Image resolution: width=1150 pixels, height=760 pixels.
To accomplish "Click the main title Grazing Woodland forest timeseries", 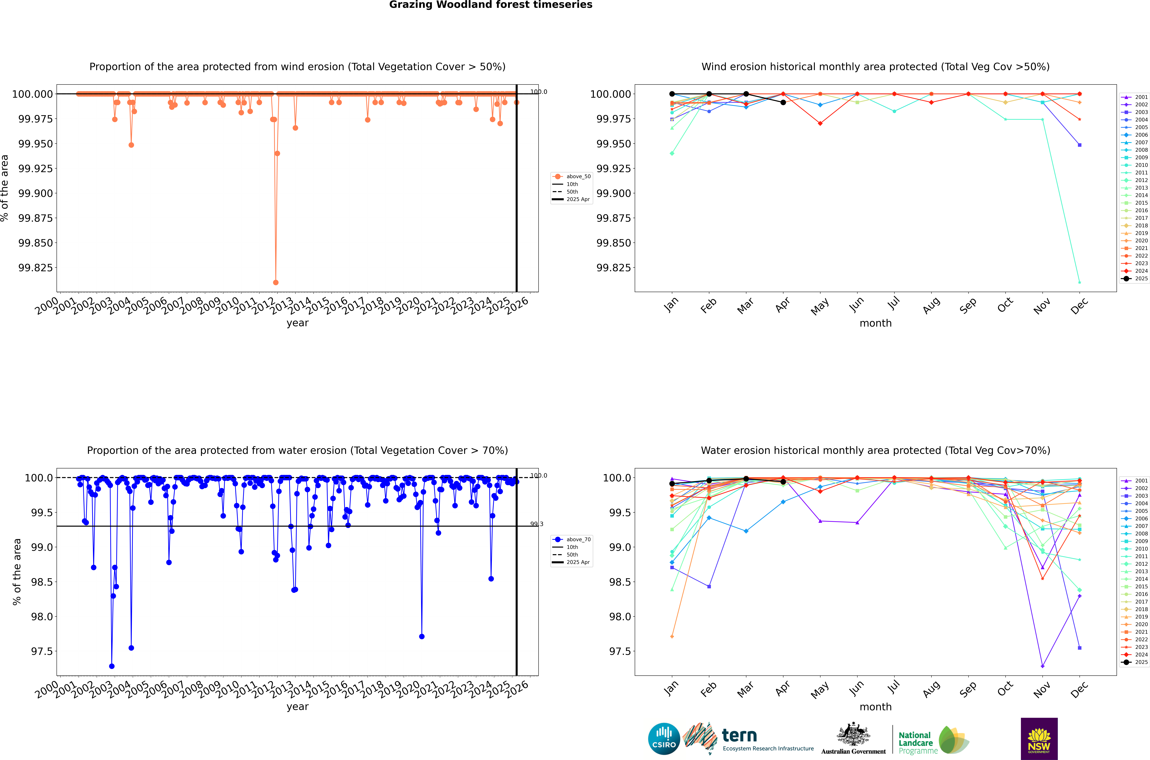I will click(490, 5).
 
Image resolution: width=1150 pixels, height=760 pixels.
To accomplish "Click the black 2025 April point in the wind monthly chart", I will click(783, 102).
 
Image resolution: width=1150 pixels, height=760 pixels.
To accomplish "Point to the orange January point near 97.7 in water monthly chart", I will click(672, 636).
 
